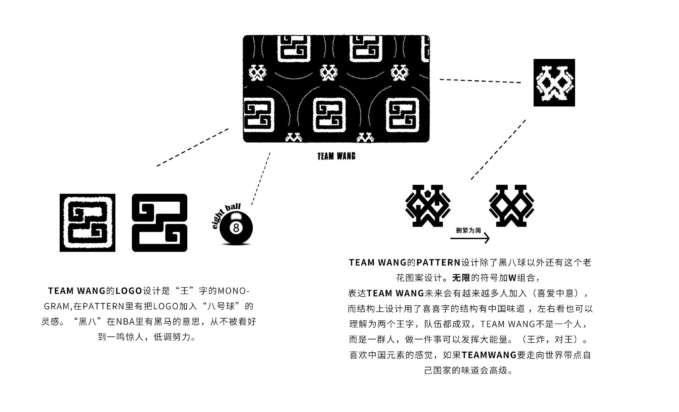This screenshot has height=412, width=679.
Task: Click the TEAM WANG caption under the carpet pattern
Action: [x=336, y=156]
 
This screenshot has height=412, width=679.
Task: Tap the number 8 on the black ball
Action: [x=236, y=228]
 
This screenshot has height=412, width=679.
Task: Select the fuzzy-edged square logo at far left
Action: [x=88, y=223]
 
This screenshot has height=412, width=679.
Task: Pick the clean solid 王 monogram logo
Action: [x=159, y=223]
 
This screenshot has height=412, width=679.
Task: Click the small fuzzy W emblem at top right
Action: [x=554, y=82]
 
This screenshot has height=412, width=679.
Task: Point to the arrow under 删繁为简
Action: [x=470, y=238]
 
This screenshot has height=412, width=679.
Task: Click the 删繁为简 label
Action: [x=468, y=230]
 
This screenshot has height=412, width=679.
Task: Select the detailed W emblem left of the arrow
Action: [x=428, y=206]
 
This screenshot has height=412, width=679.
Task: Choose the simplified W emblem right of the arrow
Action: [x=512, y=206]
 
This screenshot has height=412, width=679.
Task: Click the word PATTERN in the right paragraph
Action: [x=438, y=263]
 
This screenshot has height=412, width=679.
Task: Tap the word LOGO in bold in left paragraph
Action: [x=129, y=291]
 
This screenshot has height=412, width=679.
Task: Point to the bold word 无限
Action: [x=461, y=278]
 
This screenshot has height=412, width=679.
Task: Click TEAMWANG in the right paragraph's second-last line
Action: [x=489, y=355]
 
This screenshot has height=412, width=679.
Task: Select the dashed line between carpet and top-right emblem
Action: [x=480, y=81]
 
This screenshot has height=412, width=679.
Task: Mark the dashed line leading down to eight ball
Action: [x=261, y=179]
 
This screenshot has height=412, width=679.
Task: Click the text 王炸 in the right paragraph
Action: [x=536, y=339]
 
